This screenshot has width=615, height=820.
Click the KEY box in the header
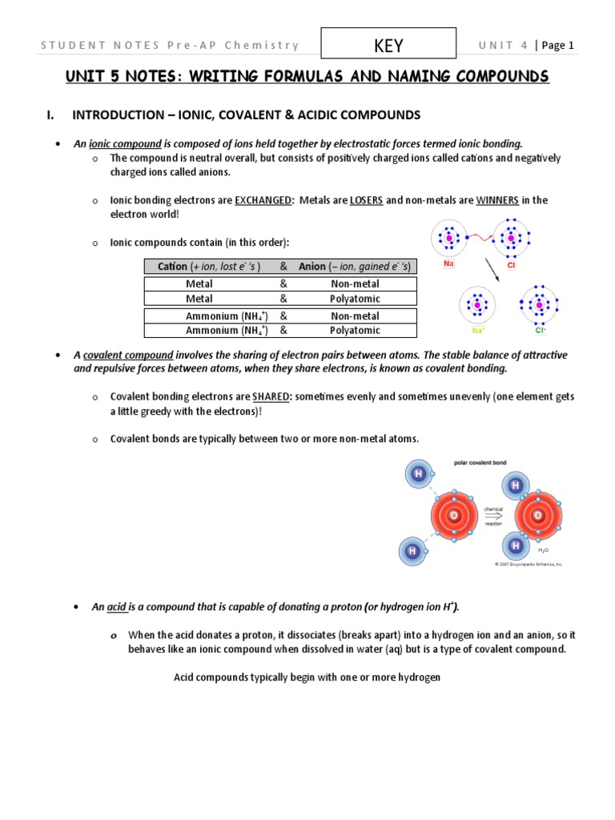(x=388, y=46)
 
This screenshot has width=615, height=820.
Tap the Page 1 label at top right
(x=557, y=46)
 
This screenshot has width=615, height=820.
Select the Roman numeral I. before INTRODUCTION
(x=50, y=115)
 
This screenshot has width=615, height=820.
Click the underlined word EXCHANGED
(x=263, y=200)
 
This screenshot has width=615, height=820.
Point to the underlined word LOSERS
(x=366, y=200)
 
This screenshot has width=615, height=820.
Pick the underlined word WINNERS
(x=497, y=200)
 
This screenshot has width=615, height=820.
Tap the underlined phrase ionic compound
(x=119, y=143)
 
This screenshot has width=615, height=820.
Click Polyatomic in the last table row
(x=355, y=330)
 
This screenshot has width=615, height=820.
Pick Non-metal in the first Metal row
(x=355, y=283)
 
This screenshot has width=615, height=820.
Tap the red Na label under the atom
(x=448, y=263)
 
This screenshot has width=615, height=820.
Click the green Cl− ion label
(x=540, y=329)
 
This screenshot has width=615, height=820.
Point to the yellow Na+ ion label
(x=477, y=329)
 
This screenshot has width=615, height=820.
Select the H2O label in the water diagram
(x=543, y=551)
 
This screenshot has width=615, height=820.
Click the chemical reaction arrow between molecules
(x=492, y=516)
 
